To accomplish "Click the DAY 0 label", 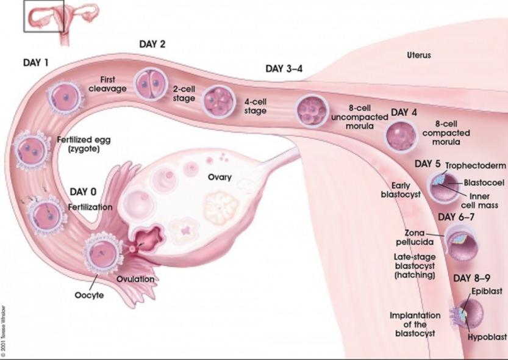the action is click(x=83, y=192).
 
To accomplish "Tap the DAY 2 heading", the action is click(x=152, y=44).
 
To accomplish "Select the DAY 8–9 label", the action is click(x=471, y=278).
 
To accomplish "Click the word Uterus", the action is click(x=419, y=55).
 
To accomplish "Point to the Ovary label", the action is click(x=220, y=177).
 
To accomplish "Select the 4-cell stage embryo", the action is click(x=219, y=101).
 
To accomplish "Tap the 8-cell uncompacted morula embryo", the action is click(x=312, y=110).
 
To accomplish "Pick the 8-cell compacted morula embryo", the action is click(x=401, y=137).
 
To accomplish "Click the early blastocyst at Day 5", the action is click(x=445, y=187).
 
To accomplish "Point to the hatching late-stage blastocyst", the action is click(x=461, y=243).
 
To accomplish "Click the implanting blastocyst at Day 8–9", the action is click(x=467, y=314).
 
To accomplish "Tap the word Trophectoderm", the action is click(x=476, y=165).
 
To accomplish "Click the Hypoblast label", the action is click(x=487, y=337).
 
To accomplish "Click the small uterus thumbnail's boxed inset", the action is click(x=44, y=16).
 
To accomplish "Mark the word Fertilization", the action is click(x=90, y=207).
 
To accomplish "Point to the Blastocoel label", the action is click(x=484, y=183).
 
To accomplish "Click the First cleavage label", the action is click(x=107, y=84).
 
